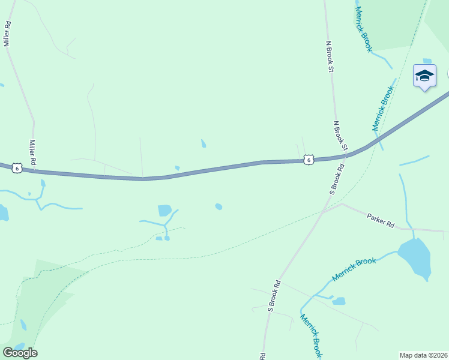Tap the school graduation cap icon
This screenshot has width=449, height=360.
tap(424, 76)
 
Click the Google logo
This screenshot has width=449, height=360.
tap(20, 353)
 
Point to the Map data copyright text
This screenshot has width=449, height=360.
tap(424, 355)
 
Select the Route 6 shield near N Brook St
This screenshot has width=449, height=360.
tap(308, 160)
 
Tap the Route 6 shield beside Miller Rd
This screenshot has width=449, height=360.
tap(17, 169)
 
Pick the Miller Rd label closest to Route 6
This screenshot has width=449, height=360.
tap(34, 153)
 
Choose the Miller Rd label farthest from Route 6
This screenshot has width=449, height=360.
tap(8, 34)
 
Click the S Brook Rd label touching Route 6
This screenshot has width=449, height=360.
tap(336, 179)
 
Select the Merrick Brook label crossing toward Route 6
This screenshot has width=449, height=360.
tap(383, 108)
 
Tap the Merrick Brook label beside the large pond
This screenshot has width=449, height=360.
tap(354, 269)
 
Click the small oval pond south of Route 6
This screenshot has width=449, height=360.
tap(218, 207)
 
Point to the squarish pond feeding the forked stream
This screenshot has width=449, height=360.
tap(164, 210)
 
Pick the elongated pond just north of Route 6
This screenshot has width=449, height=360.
tap(203, 143)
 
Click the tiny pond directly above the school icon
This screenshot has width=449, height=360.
tap(427, 61)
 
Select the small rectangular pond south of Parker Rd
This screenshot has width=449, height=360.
tap(339, 301)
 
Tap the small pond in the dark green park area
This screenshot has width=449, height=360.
tap(23, 325)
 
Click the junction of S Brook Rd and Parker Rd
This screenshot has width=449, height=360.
tap(322, 211)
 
